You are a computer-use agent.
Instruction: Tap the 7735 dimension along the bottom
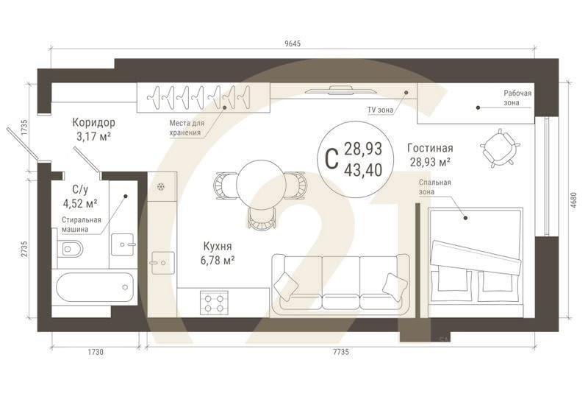point(340,353)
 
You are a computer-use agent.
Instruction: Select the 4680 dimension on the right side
point(573,201)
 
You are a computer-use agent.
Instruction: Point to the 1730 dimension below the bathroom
point(94,353)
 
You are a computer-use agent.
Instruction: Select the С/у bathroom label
point(75,189)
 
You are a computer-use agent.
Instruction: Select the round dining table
point(259,180)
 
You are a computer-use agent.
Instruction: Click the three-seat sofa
point(340,283)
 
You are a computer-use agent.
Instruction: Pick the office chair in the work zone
point(500,148)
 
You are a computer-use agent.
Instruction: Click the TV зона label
point(380,110)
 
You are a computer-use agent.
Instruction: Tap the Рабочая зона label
point(517,98)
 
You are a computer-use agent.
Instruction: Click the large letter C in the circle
point(331,158)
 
